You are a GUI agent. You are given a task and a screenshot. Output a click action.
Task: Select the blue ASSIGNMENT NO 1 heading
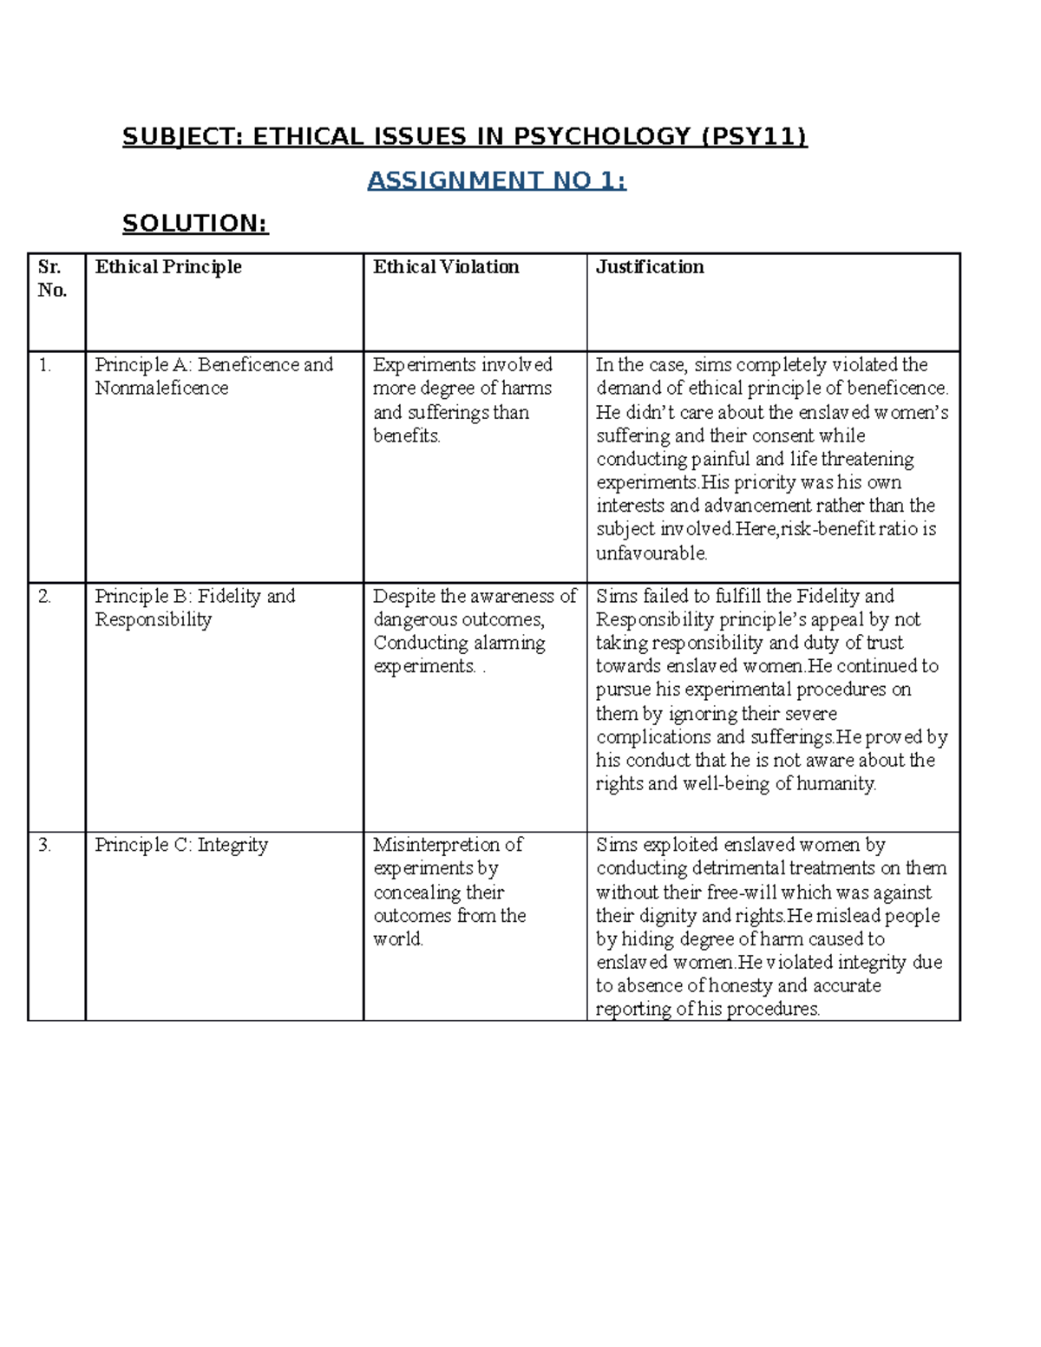(496, 180)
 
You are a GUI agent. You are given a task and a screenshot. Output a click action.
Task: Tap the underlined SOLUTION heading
(195, 224)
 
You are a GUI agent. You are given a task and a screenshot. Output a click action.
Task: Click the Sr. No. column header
(52, 278)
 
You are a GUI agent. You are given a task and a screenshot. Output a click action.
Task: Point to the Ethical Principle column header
(168, 267)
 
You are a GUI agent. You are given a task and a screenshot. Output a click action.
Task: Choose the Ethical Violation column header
(446, 267)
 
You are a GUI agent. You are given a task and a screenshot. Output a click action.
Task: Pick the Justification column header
(650, 267)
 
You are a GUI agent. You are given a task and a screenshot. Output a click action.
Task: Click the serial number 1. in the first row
(45, 365)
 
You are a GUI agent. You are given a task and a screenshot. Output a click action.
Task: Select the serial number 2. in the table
(45, 597)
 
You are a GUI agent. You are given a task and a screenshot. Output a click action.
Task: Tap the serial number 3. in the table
(45, 845)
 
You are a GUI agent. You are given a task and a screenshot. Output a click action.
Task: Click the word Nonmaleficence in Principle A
(161, 389)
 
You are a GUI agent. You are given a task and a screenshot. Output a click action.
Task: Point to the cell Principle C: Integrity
(181, 845)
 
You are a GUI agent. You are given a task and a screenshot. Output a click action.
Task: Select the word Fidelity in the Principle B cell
(229, 597)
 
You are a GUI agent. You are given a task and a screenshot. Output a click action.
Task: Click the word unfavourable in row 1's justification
(651, 553)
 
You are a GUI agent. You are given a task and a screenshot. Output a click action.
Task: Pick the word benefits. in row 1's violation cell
(407, 436)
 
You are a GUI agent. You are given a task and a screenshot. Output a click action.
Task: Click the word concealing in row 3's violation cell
(417, 893)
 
